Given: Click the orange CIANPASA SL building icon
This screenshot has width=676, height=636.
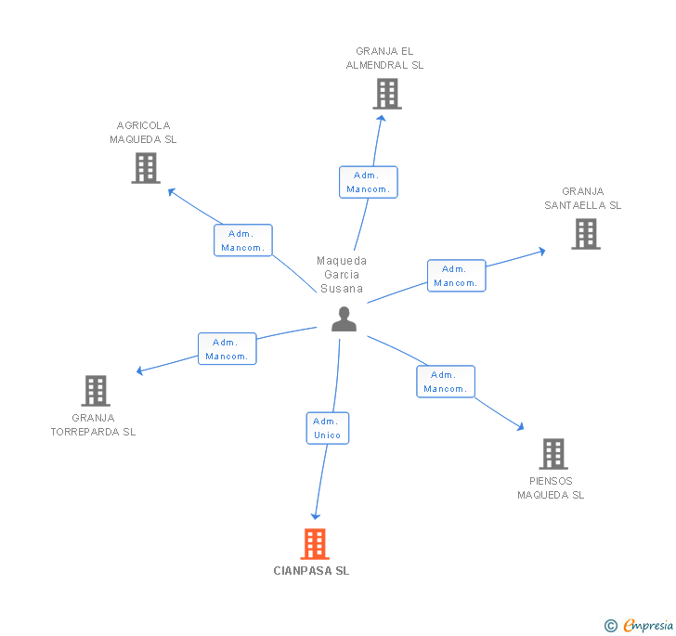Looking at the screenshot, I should pyautogui.click(x=315, y=544).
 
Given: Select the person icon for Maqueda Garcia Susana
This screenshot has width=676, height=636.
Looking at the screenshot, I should pyautogui.click(x=344, y=318).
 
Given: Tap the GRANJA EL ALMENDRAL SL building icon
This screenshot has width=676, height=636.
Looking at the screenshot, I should pyautogui.click(x=387, y=94).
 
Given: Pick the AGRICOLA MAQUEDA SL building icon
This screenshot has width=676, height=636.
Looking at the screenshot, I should pyautogui.click(x=146, y=168).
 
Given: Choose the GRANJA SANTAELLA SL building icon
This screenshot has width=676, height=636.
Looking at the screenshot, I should pyautogui.click(x=586, y=234).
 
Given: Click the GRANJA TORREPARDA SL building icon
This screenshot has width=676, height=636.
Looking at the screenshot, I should pyautogui.click(x=96, y=391).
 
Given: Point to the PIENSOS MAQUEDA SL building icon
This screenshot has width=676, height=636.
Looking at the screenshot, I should pyautogui.click(x=553, y=454).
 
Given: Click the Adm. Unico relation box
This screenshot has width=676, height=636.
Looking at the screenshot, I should pyautogui.click(x=328, y=428).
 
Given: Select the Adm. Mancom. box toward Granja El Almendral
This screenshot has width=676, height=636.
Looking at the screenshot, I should pyautogui.click(x=369, y=182).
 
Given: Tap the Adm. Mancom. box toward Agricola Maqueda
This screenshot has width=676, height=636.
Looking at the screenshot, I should pyautogui.click(x=243, y=240).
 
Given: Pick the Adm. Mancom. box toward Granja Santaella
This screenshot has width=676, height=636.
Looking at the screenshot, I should pyautogui.click(x=456, y=276).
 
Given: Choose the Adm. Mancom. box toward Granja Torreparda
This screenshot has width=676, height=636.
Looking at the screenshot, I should pyautogui.click(x=227, y=349).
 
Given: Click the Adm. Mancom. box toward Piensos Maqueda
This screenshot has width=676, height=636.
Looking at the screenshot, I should pyautogui.click(x=446, y=382).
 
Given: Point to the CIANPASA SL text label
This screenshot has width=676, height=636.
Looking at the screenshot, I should pyautogui.click(x=312, y=571).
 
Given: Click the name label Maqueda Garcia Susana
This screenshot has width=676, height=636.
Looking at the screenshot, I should pyautogui.click(x=342, y=275).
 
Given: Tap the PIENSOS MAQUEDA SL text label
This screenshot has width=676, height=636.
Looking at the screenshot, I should pyautogui.click(x=551, y=488).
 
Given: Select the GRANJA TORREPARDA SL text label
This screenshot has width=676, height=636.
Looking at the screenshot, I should pyautogui.click(x=93, y=424).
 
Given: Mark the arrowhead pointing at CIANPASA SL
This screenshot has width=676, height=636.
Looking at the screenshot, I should pyautogui.click(x=316, y=515).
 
